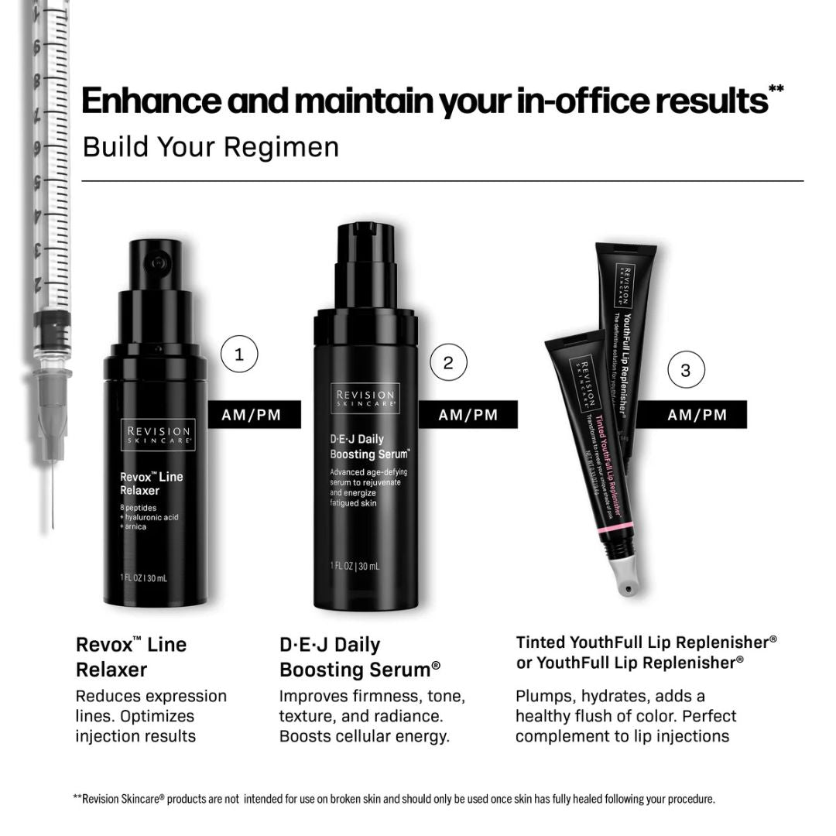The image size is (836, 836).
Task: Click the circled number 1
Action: (239, 355)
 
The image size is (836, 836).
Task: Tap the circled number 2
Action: (448, 361)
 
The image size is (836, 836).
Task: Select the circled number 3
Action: (685, 370)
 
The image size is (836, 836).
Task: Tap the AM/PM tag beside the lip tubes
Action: (697, 415)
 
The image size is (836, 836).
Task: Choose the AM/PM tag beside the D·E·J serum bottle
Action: (468, 415)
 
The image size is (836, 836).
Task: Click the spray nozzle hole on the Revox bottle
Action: (159, 263)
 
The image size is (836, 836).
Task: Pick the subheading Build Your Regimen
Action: (211, 146)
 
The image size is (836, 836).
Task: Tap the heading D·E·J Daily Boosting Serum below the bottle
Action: (360, 656)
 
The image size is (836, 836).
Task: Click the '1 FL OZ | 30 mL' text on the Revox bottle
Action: (144, 577)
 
